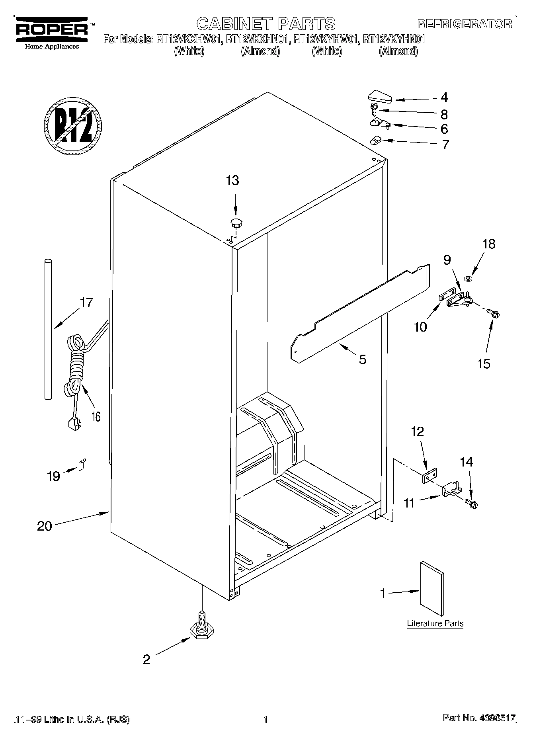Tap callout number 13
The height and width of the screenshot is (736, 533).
[x=232, y=180]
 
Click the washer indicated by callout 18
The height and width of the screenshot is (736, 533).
[x=469, y=278]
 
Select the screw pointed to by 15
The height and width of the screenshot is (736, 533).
[x=494, y=314]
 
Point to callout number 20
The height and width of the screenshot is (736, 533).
[x=45, y=526]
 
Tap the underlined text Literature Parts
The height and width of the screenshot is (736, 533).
[x=435, y=623]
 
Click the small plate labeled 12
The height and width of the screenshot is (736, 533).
[x=430, y=476]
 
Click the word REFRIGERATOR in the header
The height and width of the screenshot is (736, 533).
[x=465, y=24]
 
